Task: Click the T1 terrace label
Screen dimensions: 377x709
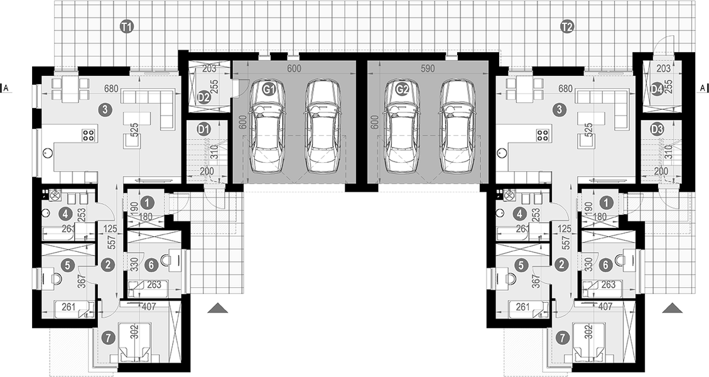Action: [x=126, y=26]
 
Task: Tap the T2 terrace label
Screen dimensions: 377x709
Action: [x=567, y=26]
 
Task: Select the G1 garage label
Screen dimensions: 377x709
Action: [x=269, y=90]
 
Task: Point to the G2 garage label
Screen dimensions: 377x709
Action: [x=403, y=90]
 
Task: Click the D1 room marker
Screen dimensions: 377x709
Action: [x=203, y=129]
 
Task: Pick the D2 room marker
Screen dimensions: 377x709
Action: [x=203, y=97]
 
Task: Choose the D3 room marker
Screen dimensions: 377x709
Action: [x=658, y=129]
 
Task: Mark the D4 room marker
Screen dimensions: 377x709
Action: [x=657, y=89]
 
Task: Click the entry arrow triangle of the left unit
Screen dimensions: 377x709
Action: [x=218, y=308]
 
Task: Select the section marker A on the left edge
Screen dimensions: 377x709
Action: [x=6, y=89]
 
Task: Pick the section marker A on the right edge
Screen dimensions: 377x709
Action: [x=703, y=89]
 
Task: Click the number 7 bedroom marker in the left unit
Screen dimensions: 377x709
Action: [x=110, y=338]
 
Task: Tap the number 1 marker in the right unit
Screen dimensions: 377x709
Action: [x=605, y=202]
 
